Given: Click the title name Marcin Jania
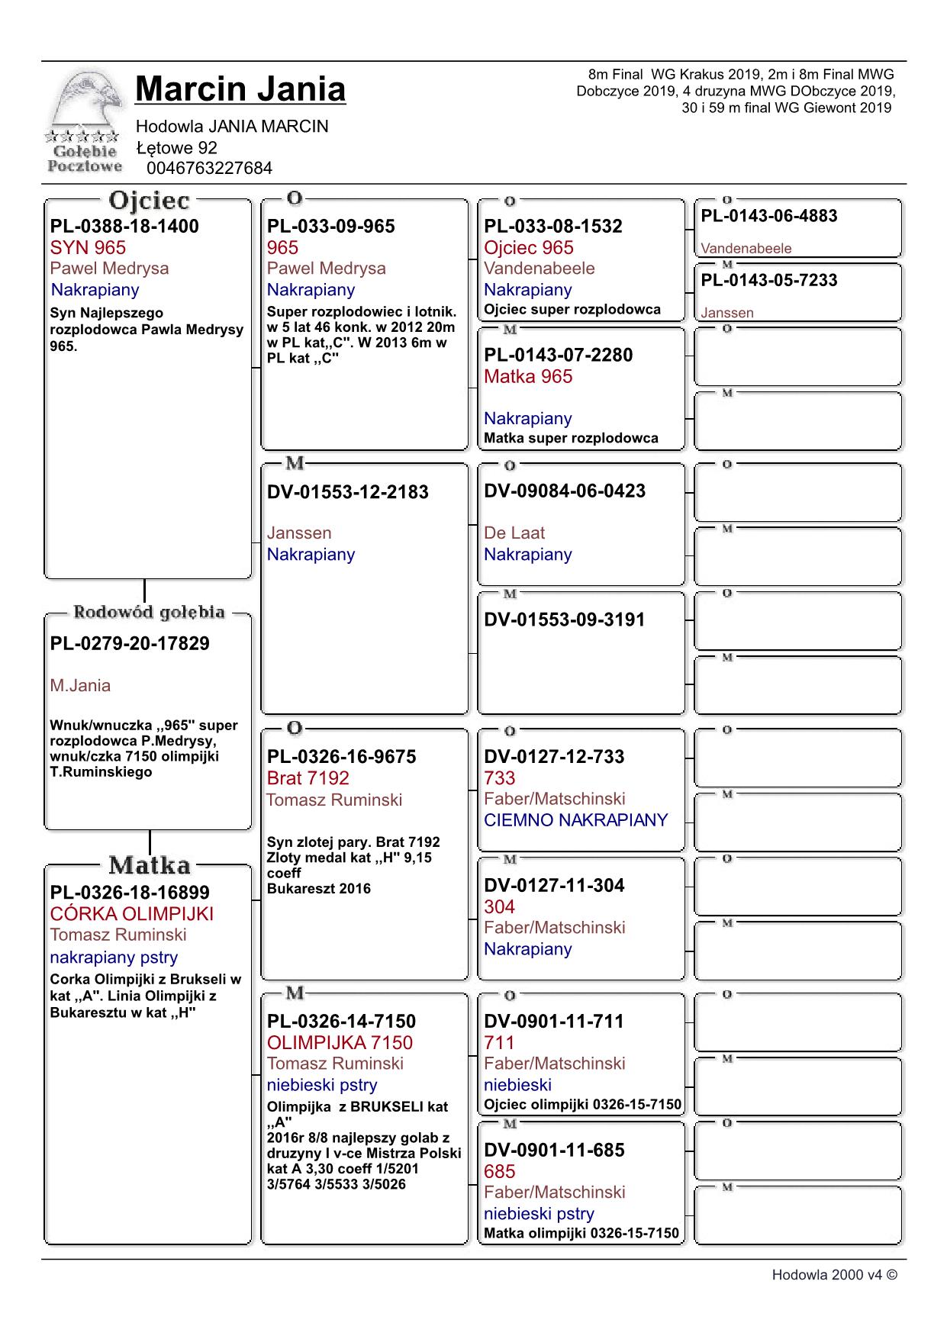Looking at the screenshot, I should click(240, 89).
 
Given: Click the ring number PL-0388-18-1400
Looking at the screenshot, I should click(124, 226).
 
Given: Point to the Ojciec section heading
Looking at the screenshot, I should click(149, 201).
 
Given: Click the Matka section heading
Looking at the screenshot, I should click(149, 865).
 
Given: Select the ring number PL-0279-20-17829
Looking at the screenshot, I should click(130, 643).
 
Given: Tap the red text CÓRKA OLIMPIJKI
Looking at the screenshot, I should click(132, 914).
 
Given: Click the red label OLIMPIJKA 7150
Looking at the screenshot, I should click(340, 1042).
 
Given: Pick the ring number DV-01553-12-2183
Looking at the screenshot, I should click(348, 492).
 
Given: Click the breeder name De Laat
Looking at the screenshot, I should click(514, 533).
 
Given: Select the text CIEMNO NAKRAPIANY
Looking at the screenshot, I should click(575, 820).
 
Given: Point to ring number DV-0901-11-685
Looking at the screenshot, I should click(554, 1150).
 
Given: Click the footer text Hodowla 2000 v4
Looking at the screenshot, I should click(834, 1275).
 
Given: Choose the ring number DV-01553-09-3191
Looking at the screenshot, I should click(564, 620).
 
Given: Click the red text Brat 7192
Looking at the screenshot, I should click(308, 778).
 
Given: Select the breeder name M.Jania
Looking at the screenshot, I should click(80, 685).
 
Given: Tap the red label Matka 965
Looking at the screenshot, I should click(528, 376).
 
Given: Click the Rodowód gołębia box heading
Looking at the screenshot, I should click(149, 612).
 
